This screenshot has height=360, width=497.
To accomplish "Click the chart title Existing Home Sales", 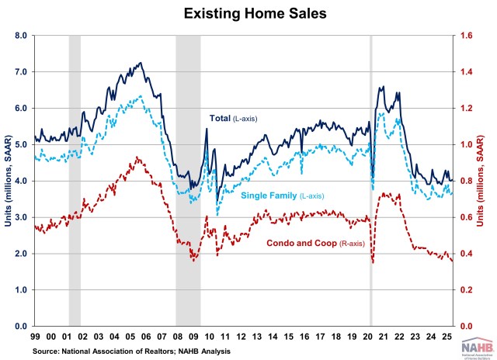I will pyautogui.click(x=248, y=13).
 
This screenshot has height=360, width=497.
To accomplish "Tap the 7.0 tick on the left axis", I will pyautogui.click(x=20, y=72).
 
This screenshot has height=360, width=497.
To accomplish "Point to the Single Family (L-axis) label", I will pyautogui.click(x=284, y=196).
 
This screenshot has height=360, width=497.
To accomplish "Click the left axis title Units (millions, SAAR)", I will pyautogui.click(x=7, y=181).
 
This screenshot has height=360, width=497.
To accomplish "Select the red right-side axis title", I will pyautogui.click(x=489, y=181).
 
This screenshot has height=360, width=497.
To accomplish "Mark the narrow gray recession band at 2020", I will pyautogui.click(x=370, y=181).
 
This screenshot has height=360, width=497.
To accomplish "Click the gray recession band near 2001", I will pyautogui.click(x=75, y=181).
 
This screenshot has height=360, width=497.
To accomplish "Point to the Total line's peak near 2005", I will pyautogui.click(x=141, y=63).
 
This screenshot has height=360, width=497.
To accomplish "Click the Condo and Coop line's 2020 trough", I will pyautogui.click(x=373, y=263).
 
